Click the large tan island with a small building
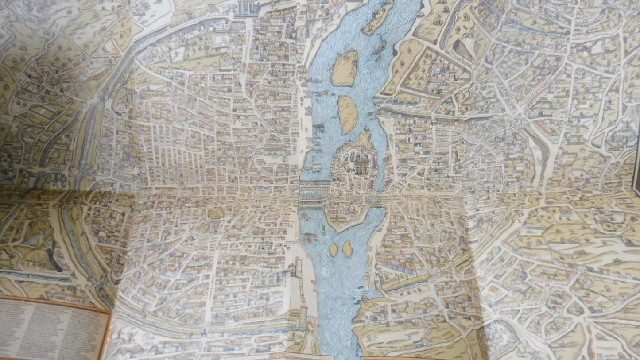coord(345,67)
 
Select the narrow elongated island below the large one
coord(348,114)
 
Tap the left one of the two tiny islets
coord(334,249)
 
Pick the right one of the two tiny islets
coord(347,248)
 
